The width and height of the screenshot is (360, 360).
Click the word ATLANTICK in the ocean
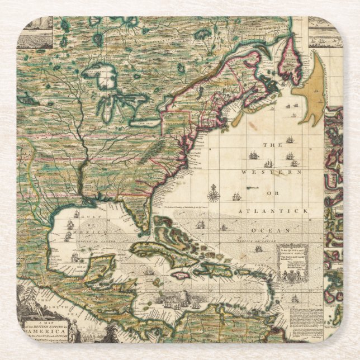273,211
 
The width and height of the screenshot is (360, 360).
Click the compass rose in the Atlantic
213,195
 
